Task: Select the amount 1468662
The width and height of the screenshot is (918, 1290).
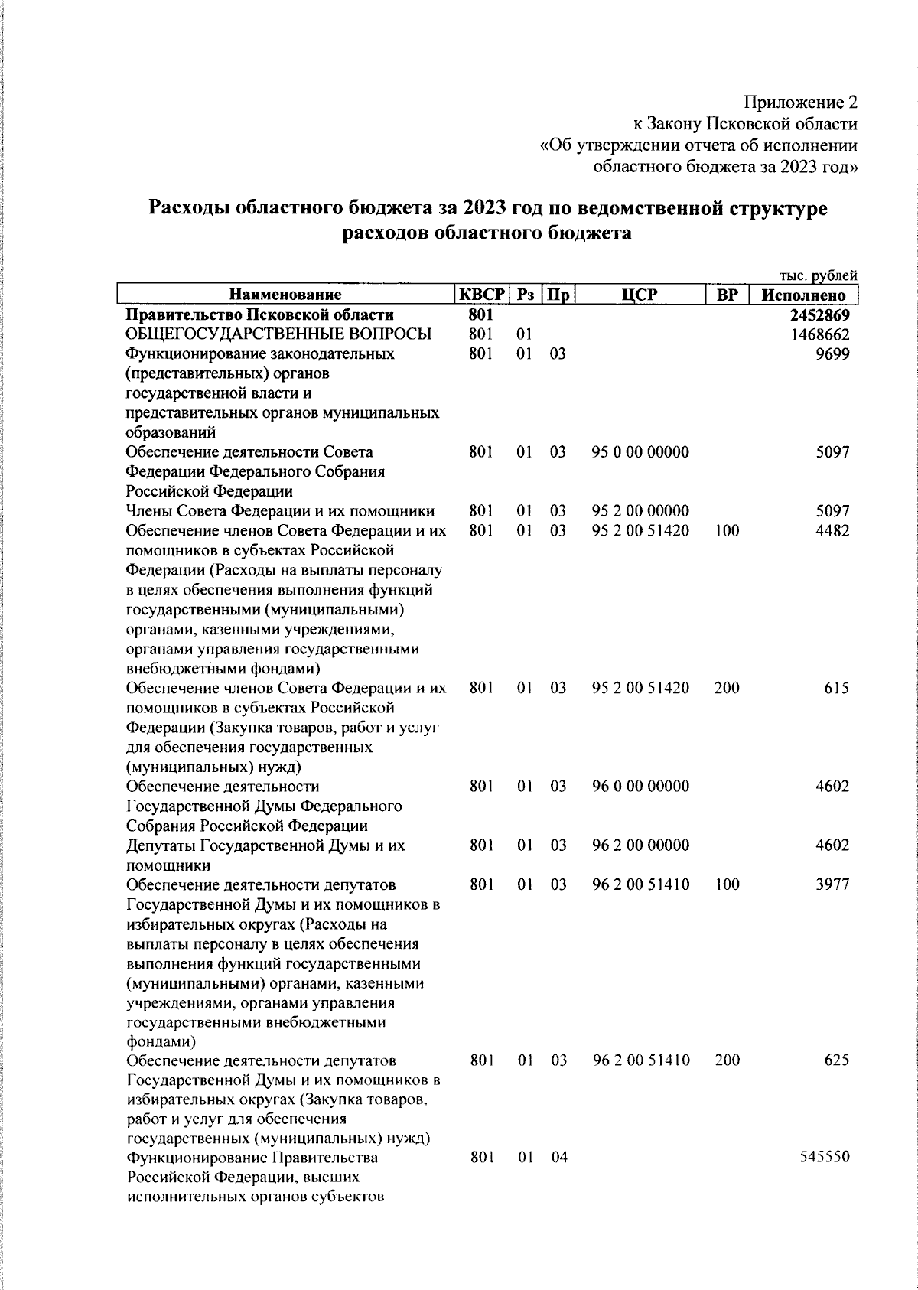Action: click(819, 335)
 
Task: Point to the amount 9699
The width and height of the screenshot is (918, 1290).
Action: click(834, 354)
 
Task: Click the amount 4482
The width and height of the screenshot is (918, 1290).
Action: click(832, 531)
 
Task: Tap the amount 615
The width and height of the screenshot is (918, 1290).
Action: click(837, 688)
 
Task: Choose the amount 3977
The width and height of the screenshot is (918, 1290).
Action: click(832, 884)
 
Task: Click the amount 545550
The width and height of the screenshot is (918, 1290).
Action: click(824, 1158)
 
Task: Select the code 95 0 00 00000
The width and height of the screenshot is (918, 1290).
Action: click(640, 452)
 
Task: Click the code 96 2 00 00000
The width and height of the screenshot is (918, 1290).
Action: click(640, 845)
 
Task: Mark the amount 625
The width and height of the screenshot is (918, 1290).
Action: click(837, 1060)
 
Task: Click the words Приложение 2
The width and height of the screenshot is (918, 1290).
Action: click(801, 103)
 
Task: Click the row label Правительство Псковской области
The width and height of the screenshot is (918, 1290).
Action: click(260, 315)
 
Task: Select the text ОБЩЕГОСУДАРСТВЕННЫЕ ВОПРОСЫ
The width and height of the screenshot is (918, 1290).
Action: click(278, 335)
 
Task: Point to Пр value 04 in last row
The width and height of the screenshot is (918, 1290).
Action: click(559, 1158)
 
